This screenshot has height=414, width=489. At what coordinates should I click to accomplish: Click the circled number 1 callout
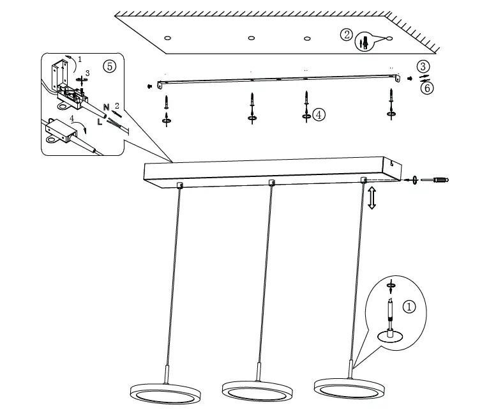410,307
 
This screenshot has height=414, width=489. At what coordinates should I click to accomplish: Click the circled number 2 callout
347,35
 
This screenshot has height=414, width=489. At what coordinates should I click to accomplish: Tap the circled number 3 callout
423,66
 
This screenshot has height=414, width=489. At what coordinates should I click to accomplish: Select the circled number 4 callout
319,114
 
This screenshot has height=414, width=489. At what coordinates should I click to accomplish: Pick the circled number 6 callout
426,88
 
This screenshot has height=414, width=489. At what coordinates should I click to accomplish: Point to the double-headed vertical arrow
372,198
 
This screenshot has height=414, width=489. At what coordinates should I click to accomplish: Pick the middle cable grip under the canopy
272,183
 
